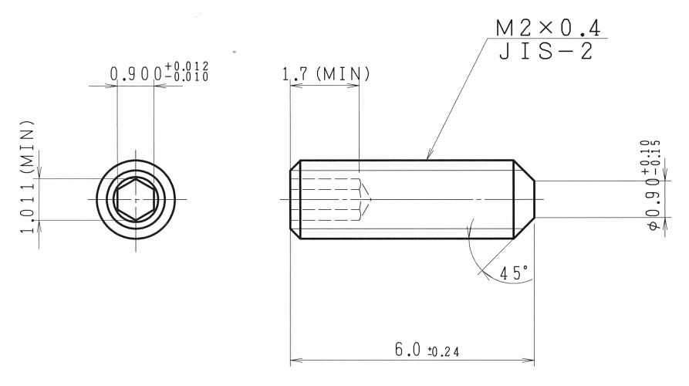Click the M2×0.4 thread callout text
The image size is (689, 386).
pos(548,28)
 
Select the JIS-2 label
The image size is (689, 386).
pos(546,51)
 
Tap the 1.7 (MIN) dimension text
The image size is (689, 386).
pos(326,74)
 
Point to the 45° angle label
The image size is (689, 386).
pos(514,273)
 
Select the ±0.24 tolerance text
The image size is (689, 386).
pos(444,352)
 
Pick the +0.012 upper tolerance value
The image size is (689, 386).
pos(186,66)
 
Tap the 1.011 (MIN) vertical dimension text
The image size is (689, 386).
pos(27,176)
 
